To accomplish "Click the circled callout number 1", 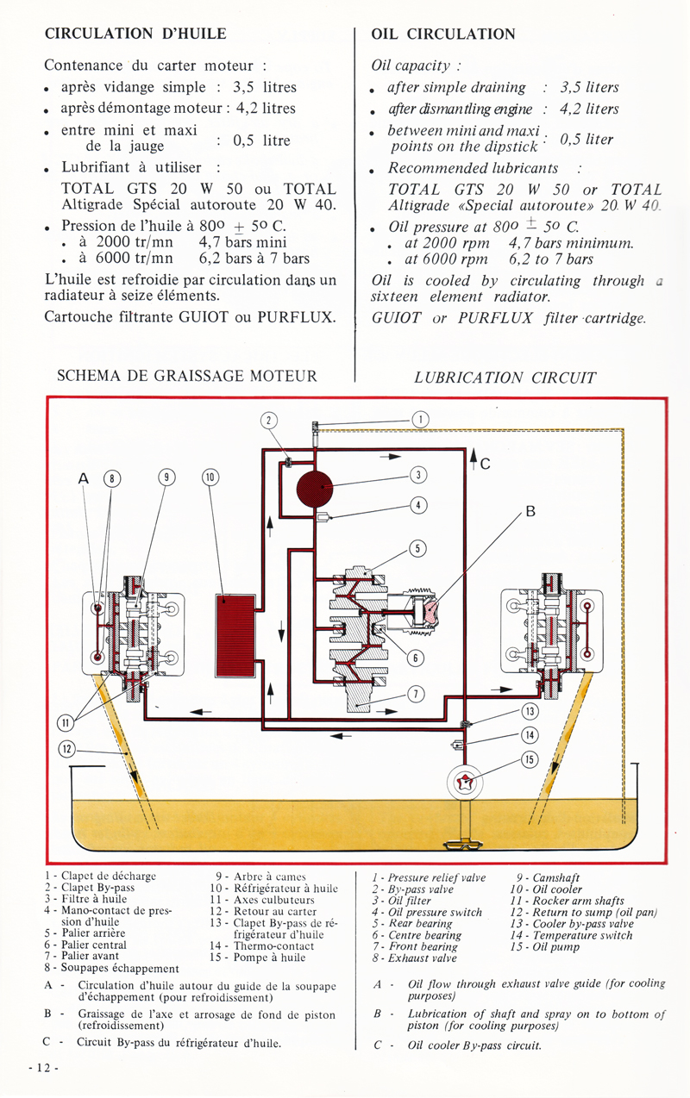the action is tap(420, 420).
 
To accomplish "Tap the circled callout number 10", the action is tap(210, 477).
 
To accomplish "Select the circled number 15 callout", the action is tap(530, 759).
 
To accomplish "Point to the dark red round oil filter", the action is tap(315, 488).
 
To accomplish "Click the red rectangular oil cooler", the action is tap(235, 636).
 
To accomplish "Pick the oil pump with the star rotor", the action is tap(464, 783).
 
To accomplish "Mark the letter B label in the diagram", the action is tap(530, 512).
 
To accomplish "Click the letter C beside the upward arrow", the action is tap(485, 464).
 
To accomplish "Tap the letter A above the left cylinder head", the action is tap(84, 478).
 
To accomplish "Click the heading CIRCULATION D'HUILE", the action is tap(135, 34).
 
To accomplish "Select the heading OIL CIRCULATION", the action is tap(443, 34).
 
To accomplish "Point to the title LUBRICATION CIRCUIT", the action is tap(505, 377).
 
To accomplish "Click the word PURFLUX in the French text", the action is tap(296, 316).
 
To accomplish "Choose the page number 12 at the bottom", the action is tap(43, 1067).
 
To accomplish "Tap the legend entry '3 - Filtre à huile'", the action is tap(85, 899).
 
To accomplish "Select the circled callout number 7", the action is tap(416, 694).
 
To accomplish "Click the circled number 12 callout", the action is tap(67, 749).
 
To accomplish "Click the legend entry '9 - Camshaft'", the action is tap(548, 877).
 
